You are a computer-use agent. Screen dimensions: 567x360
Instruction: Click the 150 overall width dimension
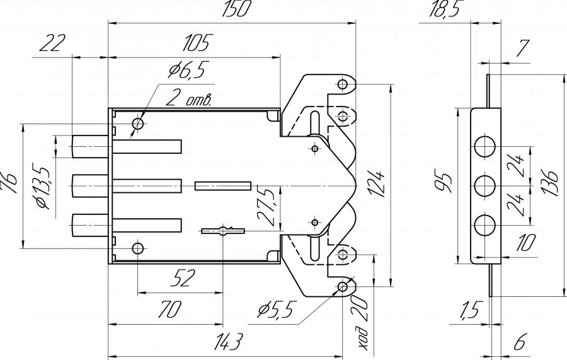[235, 9]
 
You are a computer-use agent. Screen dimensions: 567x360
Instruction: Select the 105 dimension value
[196, 43]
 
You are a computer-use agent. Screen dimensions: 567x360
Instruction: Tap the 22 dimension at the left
[53, 43]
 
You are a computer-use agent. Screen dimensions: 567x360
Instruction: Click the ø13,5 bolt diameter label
[42, 189]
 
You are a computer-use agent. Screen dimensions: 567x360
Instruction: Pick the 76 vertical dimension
[9, 184]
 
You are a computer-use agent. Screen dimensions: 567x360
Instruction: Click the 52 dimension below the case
[183, 278]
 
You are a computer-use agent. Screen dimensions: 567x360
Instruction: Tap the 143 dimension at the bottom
[228, 342]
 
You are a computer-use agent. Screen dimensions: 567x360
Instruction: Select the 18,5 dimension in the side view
[445, 9]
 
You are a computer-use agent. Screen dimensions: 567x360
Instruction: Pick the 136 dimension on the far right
[551, 182]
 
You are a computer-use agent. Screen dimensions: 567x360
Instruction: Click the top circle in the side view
[484, 146]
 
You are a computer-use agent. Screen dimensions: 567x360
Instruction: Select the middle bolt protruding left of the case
[90, 186]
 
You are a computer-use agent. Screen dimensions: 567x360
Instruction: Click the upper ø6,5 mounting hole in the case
[138, 124]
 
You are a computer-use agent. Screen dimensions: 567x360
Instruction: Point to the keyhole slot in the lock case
[223, 231]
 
